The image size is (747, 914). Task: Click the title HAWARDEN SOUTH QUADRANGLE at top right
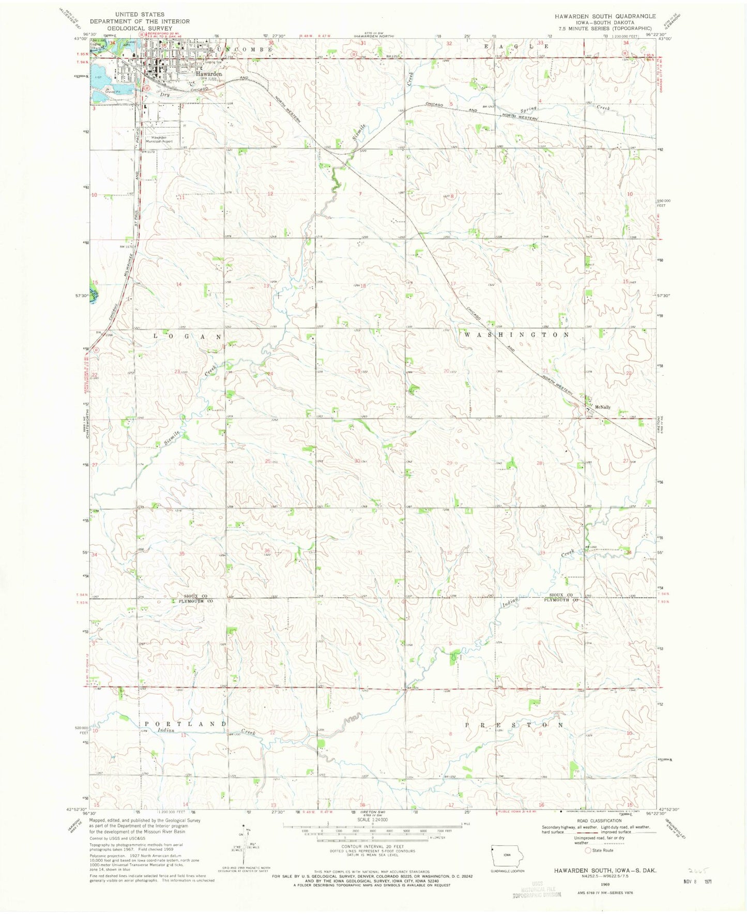605,16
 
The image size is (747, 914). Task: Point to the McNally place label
603,407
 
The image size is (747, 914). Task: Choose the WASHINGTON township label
516,334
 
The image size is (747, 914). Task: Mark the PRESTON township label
514,725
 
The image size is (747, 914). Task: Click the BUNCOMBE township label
242,49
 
